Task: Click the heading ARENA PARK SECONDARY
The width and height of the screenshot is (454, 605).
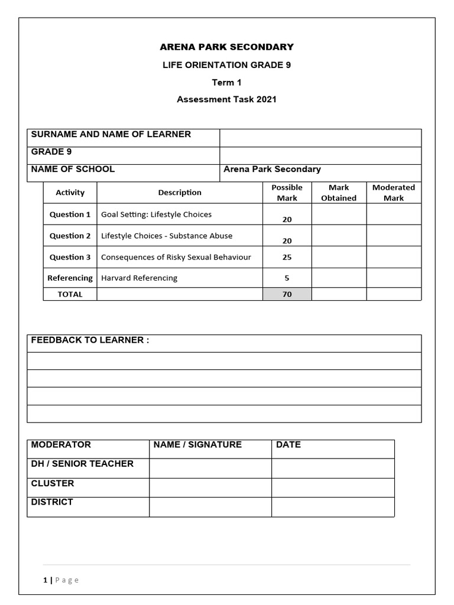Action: (x=226, y=47)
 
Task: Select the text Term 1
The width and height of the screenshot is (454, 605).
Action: (x=226, y=82)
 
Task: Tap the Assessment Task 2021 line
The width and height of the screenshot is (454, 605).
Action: (x=226, y=99)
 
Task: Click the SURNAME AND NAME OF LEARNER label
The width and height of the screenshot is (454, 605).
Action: (x=111, y=135)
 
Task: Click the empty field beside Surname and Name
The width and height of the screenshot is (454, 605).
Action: (x=320, y=138)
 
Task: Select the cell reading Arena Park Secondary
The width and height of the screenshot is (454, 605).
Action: (x=272, y=170)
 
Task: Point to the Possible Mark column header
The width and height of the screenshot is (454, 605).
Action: (x=287, y=193)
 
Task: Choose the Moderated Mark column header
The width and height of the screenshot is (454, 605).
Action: (x=393, y=193)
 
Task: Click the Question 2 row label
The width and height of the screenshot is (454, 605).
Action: (x=70, y=236)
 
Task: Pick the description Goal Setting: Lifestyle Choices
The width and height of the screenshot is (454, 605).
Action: (x=156, y=214)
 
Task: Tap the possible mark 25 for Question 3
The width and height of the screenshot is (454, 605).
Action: (x=287, y=257)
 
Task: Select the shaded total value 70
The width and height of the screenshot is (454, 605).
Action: (x=287, y=294)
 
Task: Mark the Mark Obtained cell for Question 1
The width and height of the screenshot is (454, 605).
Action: (x=339, y=214)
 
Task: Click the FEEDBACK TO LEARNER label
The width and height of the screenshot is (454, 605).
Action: (x=90, y=340)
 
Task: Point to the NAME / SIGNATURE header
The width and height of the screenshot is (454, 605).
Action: (x=197, y=445)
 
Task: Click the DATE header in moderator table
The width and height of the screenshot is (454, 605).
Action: (x=288, y=445)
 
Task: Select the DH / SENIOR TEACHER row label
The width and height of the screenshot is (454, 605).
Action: (x=82, y=464)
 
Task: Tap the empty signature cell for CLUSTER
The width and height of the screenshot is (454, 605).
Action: (x=210, y=487)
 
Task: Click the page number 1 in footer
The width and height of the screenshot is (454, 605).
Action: (x=45, y=580)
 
